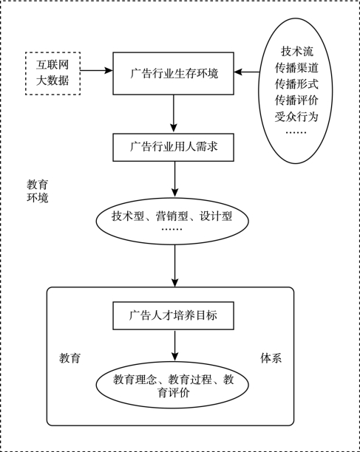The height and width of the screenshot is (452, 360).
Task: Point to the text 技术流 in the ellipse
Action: pos(297,52)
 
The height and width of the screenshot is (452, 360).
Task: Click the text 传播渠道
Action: pos(296,68)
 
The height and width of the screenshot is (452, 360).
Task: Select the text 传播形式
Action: pos(296,84)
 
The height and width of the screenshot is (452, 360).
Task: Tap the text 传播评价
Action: pos(296,100)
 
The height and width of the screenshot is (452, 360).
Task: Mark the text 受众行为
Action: pos(296,117)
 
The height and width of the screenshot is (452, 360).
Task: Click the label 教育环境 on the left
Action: pos(38,191)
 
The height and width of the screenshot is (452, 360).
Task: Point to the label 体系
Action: pos(271,358)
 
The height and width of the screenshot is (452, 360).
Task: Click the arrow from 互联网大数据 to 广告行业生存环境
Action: pos(96,70)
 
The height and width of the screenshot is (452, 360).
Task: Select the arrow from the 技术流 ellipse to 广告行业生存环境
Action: pos(246,72)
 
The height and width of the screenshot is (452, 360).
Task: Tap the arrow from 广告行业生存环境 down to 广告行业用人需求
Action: pos(174,113)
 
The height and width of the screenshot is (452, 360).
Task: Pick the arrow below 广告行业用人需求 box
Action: pos(174,179)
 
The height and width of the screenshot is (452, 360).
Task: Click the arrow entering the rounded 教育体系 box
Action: pos(174,266)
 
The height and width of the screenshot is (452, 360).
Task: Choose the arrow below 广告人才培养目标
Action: pos(174,345)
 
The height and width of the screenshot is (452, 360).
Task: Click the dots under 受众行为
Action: pos(296,133)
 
